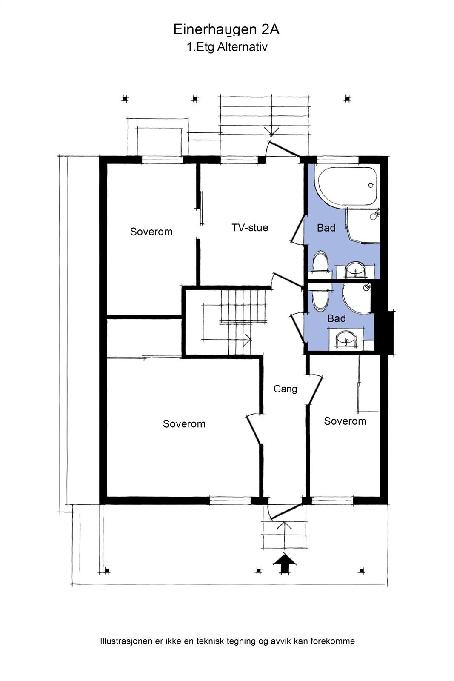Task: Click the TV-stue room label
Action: click(250, 228)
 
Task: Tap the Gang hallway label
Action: click(285, 389)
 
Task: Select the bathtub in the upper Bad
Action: click(346, 186)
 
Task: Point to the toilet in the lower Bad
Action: click(320, 298)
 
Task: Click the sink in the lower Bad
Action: click(346, 339)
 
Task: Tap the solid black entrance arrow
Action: click(285, 564)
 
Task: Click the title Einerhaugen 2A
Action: click(226, 30)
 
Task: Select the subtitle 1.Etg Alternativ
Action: click(227, 47)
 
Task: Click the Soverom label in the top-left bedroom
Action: click(151, 232)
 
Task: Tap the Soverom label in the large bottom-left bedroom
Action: click(184, 424)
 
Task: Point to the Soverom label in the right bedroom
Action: click(345, 421)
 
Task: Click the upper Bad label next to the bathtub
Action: click(326, 228)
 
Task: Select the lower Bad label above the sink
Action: click(337, 318)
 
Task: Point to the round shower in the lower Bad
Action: click(357, 298)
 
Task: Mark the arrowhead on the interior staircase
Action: click(248, 338)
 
